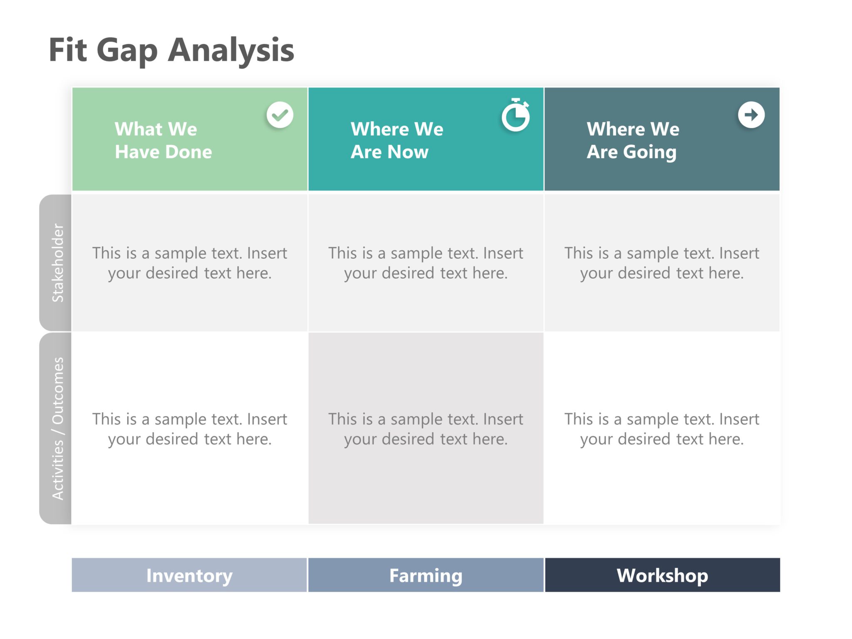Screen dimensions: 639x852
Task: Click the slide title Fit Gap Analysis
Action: [171, 50]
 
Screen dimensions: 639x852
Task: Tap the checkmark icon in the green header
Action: [280, 115]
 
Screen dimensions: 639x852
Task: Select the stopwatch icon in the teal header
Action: [515, 115]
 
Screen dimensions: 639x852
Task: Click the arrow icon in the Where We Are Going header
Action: [751, 115]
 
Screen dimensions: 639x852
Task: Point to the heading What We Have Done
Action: [163, 140]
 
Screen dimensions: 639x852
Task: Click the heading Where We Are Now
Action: [396, 140]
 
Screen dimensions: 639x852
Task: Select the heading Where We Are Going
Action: [632, 140]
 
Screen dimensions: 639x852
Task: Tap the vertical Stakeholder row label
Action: [57, 263]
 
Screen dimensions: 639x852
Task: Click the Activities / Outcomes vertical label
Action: [57, 428]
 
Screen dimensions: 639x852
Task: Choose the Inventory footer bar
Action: [189, 575]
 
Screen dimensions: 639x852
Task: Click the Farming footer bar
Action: [426, 575]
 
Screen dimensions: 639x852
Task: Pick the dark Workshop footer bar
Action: [662, 575]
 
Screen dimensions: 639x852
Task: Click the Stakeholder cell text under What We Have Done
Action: [190, 263]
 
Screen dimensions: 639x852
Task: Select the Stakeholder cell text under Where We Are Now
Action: [426, 263]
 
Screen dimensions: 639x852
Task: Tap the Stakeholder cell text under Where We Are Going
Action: [661, 263]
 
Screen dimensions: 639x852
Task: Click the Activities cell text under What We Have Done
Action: [190, 429]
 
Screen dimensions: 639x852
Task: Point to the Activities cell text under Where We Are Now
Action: [426, 429]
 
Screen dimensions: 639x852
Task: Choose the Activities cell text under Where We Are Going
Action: [661, 429]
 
